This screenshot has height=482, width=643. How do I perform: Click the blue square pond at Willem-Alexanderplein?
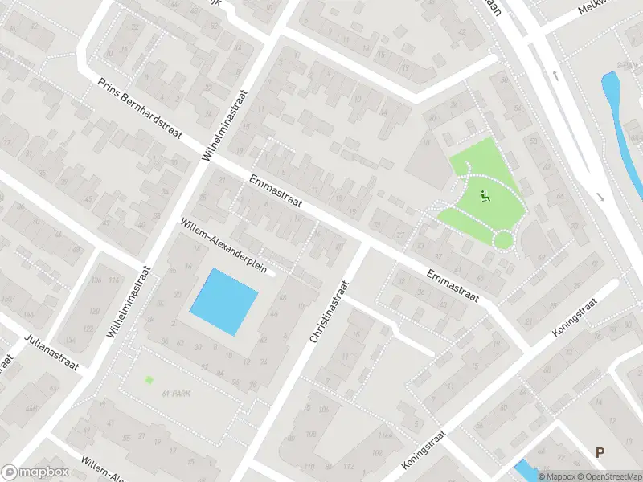(223, 301)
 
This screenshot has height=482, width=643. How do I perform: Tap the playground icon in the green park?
(484, 194)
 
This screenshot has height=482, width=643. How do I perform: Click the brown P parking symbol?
(599, 453)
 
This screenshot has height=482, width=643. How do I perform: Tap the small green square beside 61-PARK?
(149, 380)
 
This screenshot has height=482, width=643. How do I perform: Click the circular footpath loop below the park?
(503, 239)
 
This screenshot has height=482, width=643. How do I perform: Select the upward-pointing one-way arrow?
(556, 76)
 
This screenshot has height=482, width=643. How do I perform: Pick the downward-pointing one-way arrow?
(600, 197)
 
